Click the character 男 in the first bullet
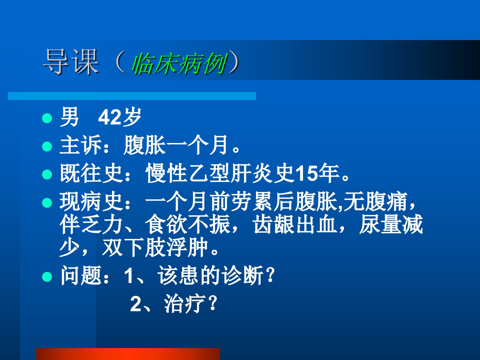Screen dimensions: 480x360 69,117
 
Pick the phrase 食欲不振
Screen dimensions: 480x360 188,224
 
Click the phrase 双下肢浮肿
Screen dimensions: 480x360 155,247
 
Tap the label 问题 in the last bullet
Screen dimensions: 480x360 81,275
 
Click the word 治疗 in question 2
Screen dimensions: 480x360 185,304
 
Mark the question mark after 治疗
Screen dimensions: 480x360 213,303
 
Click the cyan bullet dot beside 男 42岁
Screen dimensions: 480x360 47,118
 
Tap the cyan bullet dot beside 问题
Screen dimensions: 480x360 47,277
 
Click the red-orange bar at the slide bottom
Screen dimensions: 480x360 128,354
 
